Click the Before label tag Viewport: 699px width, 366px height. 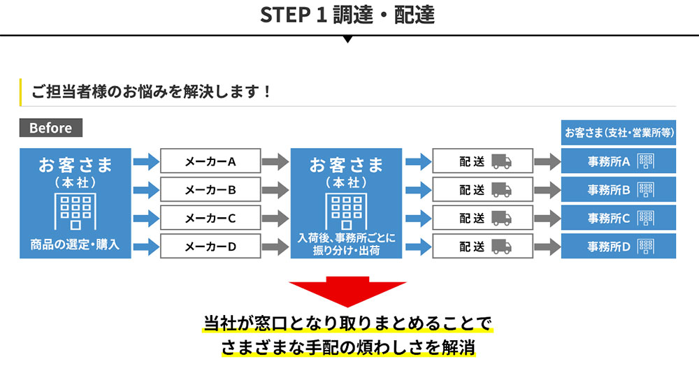[x=50, y=128]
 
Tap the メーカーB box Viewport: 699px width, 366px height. [x=210, y=189]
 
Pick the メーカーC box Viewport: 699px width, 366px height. [x=210, y=217]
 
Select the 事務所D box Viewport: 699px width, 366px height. [x=619, y=246]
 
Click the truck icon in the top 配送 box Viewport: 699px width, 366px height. [x=501, y=162]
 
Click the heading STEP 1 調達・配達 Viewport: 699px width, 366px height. [x=347, y=15]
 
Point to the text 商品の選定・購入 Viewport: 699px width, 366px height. [x=75, y=244]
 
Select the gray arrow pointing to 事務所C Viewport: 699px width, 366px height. [x=547, y=218]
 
